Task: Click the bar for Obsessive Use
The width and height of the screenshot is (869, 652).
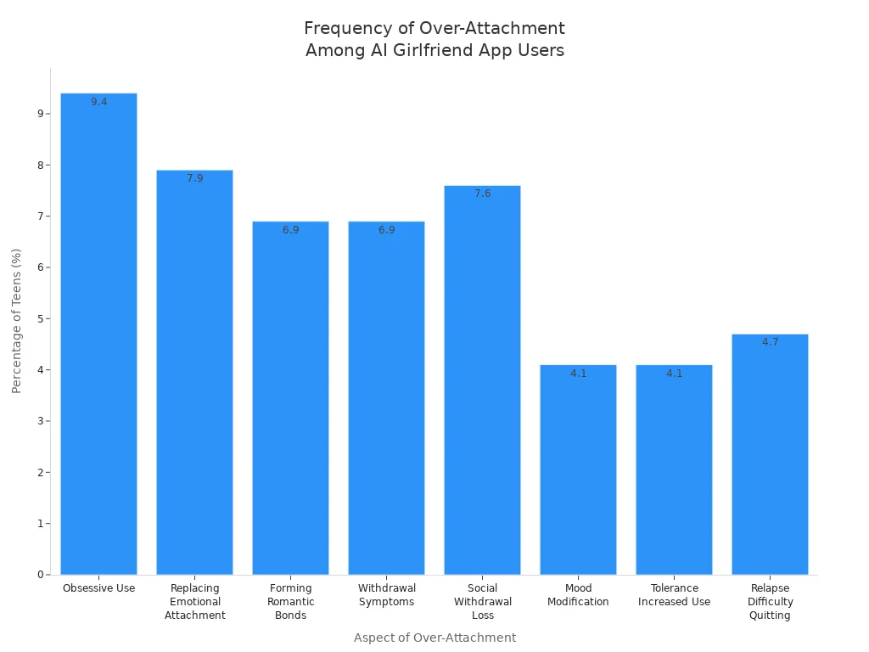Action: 98,334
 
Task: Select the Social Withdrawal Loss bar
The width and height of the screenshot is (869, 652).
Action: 482,379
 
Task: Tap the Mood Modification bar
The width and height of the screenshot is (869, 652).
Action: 578,469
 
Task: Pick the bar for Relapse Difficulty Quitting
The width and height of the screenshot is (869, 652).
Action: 770,454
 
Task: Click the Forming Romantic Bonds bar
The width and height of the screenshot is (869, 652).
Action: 290,398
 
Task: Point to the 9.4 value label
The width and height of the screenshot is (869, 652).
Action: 99,102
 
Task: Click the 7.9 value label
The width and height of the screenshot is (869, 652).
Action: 195,178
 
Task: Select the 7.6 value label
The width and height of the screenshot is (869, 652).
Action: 483,194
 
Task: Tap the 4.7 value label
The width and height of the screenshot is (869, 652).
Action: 771,342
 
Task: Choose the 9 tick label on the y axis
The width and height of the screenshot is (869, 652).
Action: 41,114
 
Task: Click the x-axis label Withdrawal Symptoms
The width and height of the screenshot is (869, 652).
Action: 386,595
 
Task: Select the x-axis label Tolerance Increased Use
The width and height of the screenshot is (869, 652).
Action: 674,595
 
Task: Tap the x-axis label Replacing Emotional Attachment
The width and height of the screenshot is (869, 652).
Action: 195,602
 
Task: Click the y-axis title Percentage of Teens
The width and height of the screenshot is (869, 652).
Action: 16,321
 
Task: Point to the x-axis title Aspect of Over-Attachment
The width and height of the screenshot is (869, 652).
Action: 435,638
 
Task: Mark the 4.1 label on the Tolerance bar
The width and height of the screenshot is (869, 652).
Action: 675,374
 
